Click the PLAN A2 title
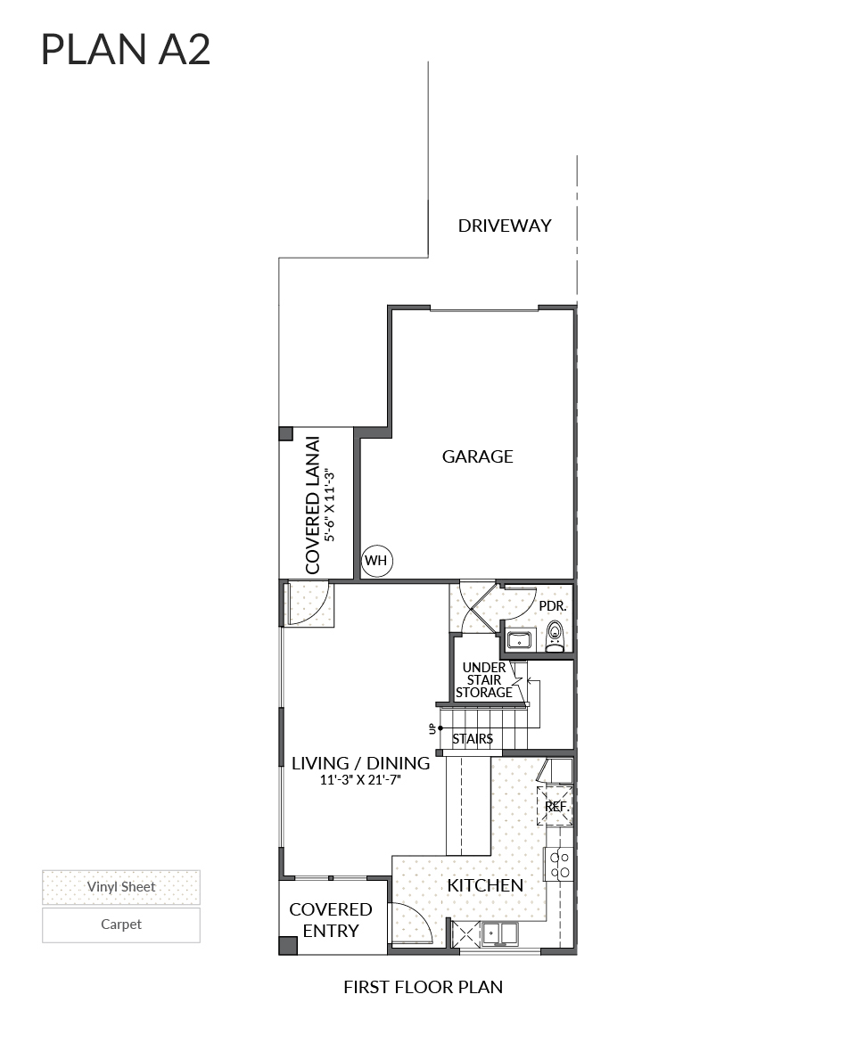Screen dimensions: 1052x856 pyautogui.click(x=126, y=50)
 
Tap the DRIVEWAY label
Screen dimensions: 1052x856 pyautogui.click(x=505, y=226)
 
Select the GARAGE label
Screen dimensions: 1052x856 pyautogui.click(x=478, y=456)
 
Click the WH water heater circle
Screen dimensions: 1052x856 pyautogui.click(x=376, y=561)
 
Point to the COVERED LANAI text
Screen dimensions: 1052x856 pyautogui.click(x=312, y=505)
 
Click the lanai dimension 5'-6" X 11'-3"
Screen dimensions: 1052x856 pyautogui.click(x=331, y=505)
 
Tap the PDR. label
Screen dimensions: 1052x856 pyautogui.click(x=552, y=606)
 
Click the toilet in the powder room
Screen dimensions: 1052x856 pyautogui.click(x=555, y=637)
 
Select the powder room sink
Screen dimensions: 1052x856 pyautogui.click(x=519, y=639)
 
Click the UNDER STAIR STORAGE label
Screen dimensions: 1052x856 pyautogui.click(x=484, y=680)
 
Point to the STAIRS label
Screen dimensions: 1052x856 pyautogui.click(x=472, y=739)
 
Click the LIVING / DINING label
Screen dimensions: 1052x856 pyautogui.click(x=360, y=763)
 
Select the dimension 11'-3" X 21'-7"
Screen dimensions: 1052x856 pyautogui.click(x=360, y=780)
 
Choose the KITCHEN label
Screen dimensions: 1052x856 pyautogui.click(x=485, y=885)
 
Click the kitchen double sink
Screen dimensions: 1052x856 pyautogui.click(x=500, y=933)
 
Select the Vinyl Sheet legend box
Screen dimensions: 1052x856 pyautogui.click(x=121, y=887)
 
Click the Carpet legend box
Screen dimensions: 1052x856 pyautogui.click(x=121, y=925)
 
